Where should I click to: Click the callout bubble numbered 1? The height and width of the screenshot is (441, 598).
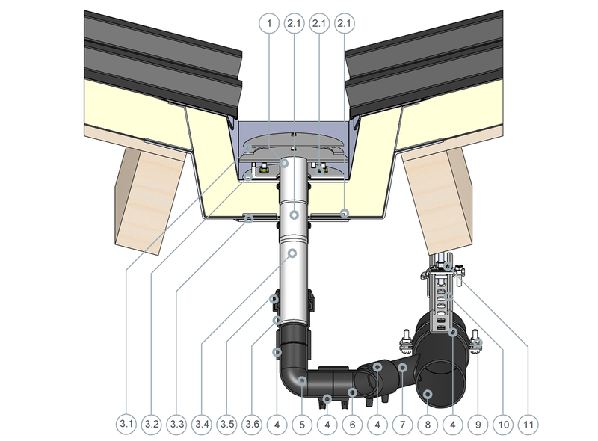coord(269,23)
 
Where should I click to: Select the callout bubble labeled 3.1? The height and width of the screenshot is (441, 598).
coord(126,424)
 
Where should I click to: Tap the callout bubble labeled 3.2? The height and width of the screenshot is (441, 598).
coord(152,424)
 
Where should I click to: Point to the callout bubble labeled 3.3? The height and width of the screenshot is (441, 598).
coord(176,424)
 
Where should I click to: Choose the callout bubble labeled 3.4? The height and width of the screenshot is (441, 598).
coord(202,424)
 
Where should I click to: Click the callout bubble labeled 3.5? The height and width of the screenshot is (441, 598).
coord(227,424)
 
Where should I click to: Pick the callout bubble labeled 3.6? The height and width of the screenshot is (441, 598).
coord(252,424)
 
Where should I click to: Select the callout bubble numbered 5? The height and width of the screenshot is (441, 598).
coord(303,424)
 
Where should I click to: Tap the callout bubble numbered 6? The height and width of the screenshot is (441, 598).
coord(352,424)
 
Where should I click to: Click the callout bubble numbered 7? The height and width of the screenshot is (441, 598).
coord(403,424)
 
